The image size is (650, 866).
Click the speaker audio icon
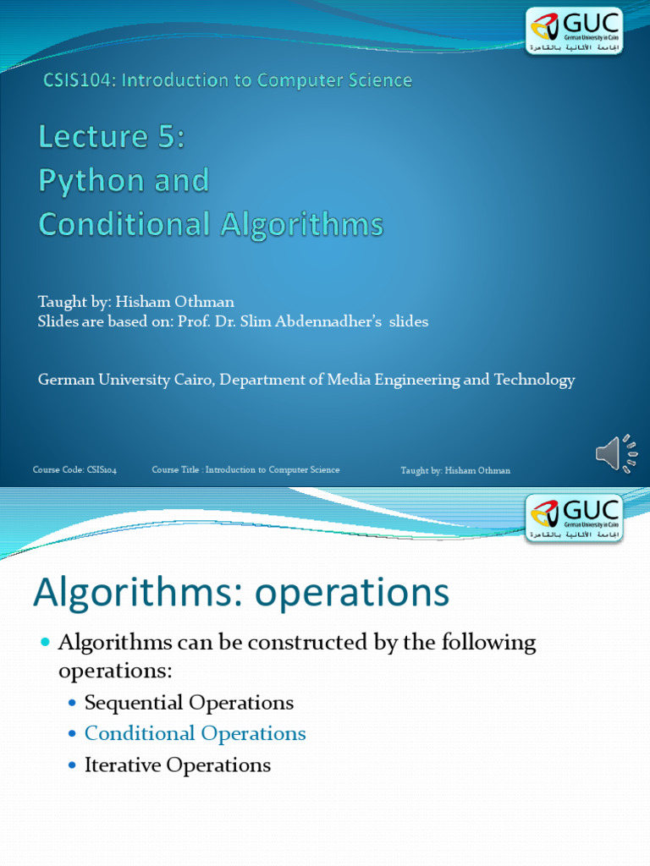[616, 454]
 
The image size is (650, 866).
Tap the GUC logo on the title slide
[575, 31]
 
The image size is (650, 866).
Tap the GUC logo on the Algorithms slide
[575, 518]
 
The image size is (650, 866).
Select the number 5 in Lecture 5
[168, 136]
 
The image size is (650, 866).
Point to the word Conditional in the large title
[124, 224]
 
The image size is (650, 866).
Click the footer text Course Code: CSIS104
[74, 470]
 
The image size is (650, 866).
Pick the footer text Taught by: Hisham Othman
[455, 470]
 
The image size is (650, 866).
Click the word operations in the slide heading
[351, 594]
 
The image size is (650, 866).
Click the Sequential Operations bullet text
[189, 703]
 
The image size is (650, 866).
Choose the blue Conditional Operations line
[196, 733]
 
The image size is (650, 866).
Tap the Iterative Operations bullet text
[178, 765]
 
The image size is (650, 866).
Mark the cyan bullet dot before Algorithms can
[46, 642]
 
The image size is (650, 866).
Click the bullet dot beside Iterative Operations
[73, 765]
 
